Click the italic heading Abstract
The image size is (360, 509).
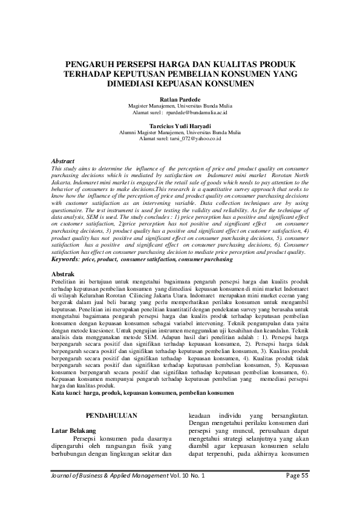[61, 161]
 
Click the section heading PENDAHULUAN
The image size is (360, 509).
[111, 416]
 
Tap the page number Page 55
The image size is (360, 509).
[297, 476]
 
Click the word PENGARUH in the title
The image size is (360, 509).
[91, 64]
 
